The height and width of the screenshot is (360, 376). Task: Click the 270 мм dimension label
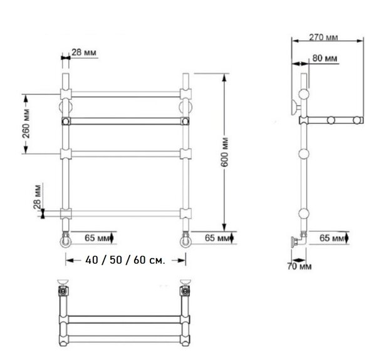click(323, 38)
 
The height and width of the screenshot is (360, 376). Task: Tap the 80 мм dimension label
click(325, 58)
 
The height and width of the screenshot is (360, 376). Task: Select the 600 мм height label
click(224, 152)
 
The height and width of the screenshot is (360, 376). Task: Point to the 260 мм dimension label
click(26, 123)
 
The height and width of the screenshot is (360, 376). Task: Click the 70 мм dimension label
click(300, 266)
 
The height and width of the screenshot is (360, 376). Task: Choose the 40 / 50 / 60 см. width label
click(125, 260)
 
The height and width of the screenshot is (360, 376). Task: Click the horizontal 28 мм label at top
click(84, 52)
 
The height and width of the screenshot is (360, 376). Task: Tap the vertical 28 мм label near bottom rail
click(37, 197)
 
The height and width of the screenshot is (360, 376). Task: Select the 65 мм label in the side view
click(332, 238)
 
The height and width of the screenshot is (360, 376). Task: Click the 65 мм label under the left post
click(97, 238)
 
